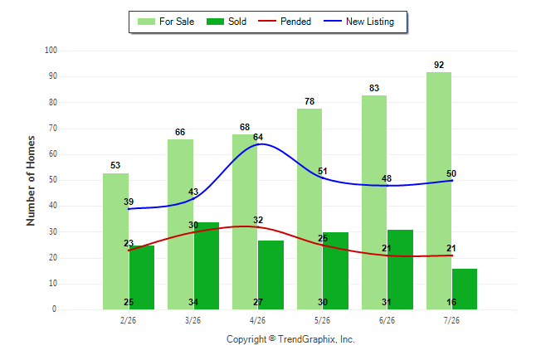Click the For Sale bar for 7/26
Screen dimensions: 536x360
(439, 191)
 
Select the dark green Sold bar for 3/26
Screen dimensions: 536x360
(207, 266)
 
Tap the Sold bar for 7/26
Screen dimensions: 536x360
(465, 289)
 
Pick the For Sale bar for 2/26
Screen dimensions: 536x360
(115, 241)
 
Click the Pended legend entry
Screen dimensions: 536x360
(285, 22)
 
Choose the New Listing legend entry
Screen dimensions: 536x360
(358, 22)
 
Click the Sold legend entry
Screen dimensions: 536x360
(227, 22)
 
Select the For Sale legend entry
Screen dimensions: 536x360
(166, 22)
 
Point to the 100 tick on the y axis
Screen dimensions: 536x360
(51, 51)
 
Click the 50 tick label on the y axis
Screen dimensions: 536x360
(53, 180)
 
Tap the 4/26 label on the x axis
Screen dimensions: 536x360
(257, 320)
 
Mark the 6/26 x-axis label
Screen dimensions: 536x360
(387, 320)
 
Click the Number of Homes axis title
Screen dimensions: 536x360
(31, 181)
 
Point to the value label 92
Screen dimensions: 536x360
(439, 65)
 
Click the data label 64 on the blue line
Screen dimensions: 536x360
(258, 137)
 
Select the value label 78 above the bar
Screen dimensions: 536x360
(309, 101)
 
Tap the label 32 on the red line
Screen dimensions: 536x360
(258, 220)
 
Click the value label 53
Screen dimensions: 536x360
(115, 165)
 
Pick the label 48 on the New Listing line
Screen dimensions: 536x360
(387, 178)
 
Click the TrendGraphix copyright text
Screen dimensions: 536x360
(290, 339)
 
